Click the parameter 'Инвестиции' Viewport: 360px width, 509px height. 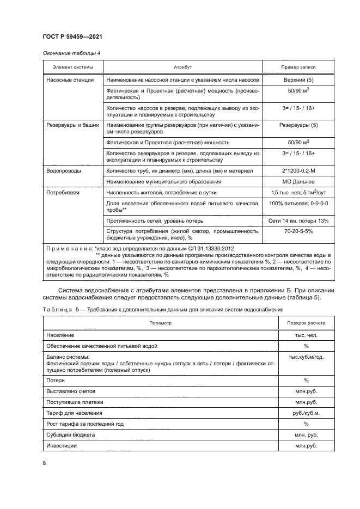pos(62,445)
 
